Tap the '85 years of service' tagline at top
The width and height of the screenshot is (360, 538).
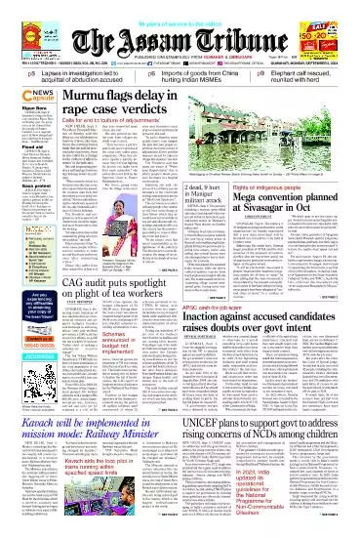180,7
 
